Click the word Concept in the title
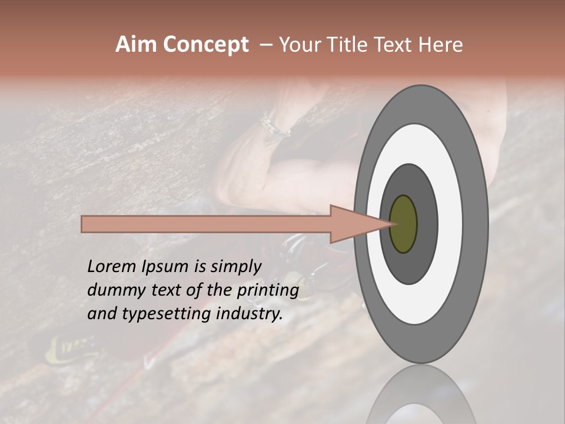click(206, 45)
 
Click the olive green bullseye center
click(404, 224)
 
